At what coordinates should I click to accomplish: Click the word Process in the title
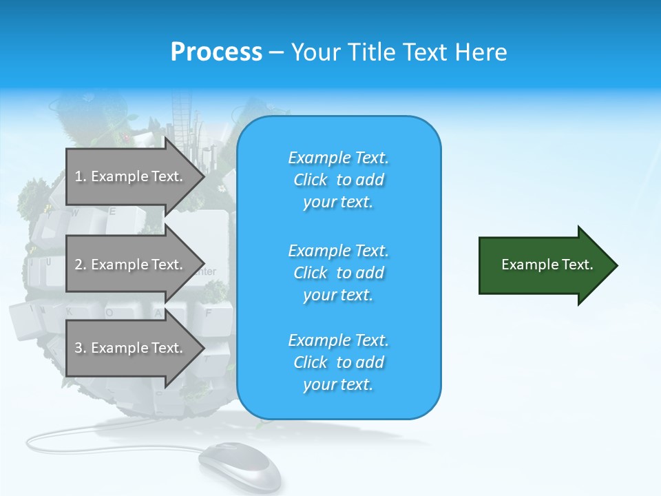[216, 52]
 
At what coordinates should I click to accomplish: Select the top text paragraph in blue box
[339, 180]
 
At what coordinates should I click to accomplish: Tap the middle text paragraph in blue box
[339, 273]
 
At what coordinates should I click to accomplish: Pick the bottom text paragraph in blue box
[339, 362]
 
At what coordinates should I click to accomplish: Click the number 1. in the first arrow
[81, 176]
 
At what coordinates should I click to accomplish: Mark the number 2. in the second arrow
[81, 265]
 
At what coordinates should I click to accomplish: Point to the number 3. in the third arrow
[81, 348]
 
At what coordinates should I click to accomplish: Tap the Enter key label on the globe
[204, 272]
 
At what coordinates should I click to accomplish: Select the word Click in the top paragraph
[311, 180]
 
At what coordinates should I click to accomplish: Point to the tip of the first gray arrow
[203, 176]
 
